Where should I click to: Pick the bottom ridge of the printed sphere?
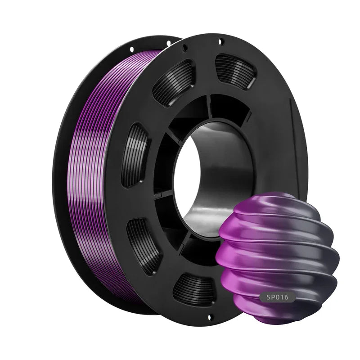pyautogui.click(x=274, y=317)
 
